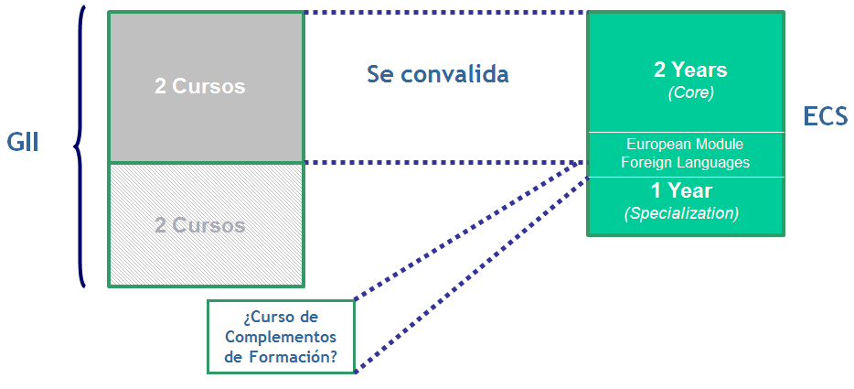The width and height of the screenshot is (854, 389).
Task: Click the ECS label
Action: (827, 116)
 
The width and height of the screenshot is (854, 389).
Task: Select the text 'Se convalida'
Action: (438, 74)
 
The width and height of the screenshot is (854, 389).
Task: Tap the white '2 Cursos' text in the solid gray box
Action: (199, 87)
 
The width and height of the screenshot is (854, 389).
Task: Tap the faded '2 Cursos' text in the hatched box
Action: (199, 224)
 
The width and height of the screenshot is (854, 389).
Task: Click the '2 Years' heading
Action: (689, 70)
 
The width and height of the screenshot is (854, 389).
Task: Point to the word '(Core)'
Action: (690, 92)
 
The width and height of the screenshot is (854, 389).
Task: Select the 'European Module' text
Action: (685, 145)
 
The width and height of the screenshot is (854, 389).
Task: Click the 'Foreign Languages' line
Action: (685, 163)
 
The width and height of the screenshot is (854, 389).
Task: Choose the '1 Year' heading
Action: (681, 191)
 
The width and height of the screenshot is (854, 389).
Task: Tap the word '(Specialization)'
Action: (681, 213)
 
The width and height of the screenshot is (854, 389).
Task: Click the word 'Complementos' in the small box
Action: (281, 337)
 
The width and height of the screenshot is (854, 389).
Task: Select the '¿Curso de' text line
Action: (281, 317)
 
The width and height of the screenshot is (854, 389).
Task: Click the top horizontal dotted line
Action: (444, 13)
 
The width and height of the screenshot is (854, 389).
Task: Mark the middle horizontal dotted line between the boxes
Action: (444, 163)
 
